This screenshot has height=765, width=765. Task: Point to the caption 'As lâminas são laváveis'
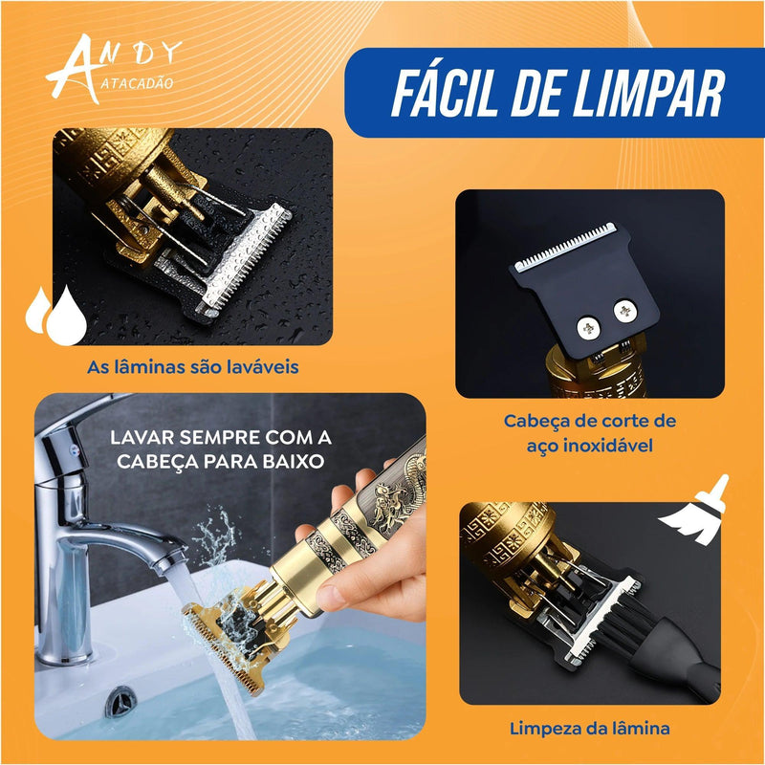192,367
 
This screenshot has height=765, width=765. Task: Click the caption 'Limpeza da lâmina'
589,729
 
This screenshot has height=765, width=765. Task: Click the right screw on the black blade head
625,309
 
